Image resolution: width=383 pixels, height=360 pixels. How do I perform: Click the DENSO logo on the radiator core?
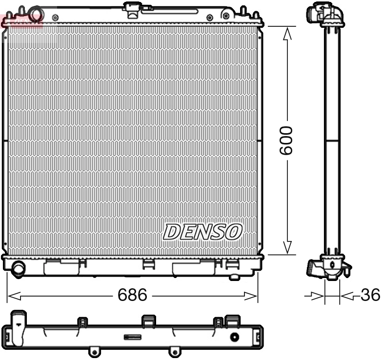[x=202, y=232]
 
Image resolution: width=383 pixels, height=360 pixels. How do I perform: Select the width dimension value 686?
[x=132, y=295]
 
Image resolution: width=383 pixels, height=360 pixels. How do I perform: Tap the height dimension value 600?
[x=286, y=140]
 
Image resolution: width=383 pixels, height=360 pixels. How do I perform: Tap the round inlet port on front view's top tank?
[x=35, y=15]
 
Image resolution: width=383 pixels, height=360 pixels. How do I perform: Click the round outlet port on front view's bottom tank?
[x=19, y=268]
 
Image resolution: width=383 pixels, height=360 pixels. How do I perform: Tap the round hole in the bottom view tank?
[x=235, y=337]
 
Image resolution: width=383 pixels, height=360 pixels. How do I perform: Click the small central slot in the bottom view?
[x=132, y=337]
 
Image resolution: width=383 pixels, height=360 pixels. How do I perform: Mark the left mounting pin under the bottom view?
[x=93, y=351]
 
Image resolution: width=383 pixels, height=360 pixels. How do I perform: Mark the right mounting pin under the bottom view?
[x=172, y=351]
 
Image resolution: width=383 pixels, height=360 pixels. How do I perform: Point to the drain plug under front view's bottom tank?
[x=234, y=277]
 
